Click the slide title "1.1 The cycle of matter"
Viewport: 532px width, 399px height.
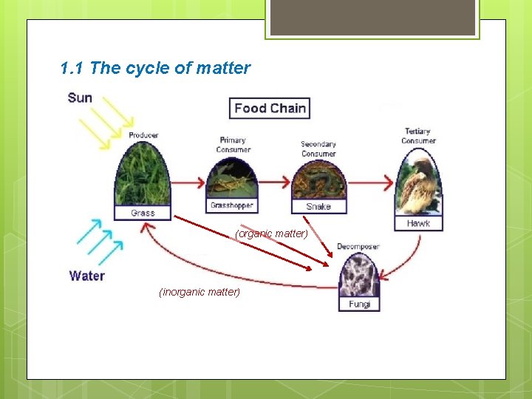tap(155, 69)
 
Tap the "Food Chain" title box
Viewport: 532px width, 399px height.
tap(269, 109)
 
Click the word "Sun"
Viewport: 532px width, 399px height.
tap(80, 98)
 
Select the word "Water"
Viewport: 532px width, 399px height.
tap(87, 276)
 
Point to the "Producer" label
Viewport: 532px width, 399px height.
tap(143, 135)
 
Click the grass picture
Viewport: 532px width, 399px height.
tap(143, 174)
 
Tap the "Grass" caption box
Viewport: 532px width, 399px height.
tap(143, 213)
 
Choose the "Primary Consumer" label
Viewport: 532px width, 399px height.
tap(233, 145)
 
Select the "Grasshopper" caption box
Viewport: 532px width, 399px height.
tap(232, 205)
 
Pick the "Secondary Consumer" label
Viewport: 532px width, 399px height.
tap(318, 149)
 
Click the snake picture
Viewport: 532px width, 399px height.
tap(318, 181)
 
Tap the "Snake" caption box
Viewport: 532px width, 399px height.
tap(318, 207)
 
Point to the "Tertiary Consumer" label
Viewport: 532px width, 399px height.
tap(418, 136)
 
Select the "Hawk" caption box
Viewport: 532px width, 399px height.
tap(418, 223)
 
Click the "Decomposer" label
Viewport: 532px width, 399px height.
tap(358, 246)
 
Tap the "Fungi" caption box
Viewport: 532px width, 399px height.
tap(359, 304)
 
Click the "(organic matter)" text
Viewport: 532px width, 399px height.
tap(271, 233)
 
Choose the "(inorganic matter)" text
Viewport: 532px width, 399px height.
tap(199, 292)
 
